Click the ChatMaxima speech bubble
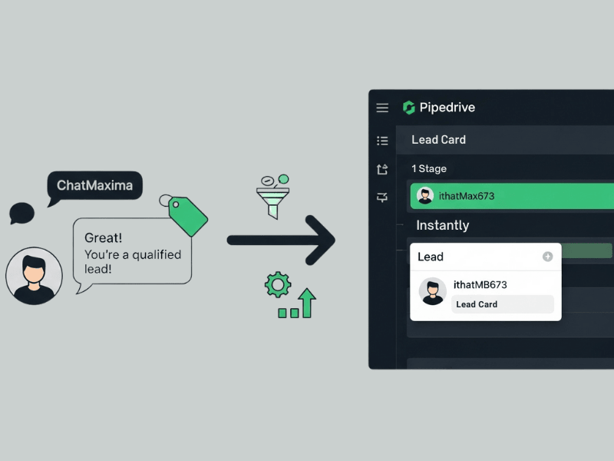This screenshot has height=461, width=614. [94, 186]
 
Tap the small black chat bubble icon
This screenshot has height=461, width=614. [21, 213]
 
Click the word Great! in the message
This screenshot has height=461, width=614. [104, 238]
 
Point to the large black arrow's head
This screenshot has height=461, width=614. [322, 240]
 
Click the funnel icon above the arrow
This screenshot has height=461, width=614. [269, 197]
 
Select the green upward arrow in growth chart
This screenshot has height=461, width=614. [307, 303]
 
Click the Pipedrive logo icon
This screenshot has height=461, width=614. [408, 108]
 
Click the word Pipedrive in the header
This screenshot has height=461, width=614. [447, 108]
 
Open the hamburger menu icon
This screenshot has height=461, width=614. [382, 108]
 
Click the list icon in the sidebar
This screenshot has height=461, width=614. [382, 141]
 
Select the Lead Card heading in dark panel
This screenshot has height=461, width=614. [438, 140]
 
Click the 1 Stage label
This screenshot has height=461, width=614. [429, 169]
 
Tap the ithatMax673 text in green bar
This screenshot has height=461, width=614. [467, 196]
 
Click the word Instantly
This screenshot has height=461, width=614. [442, 225]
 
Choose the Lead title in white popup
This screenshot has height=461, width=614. [431, 257]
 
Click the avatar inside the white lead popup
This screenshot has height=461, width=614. [433, 291]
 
